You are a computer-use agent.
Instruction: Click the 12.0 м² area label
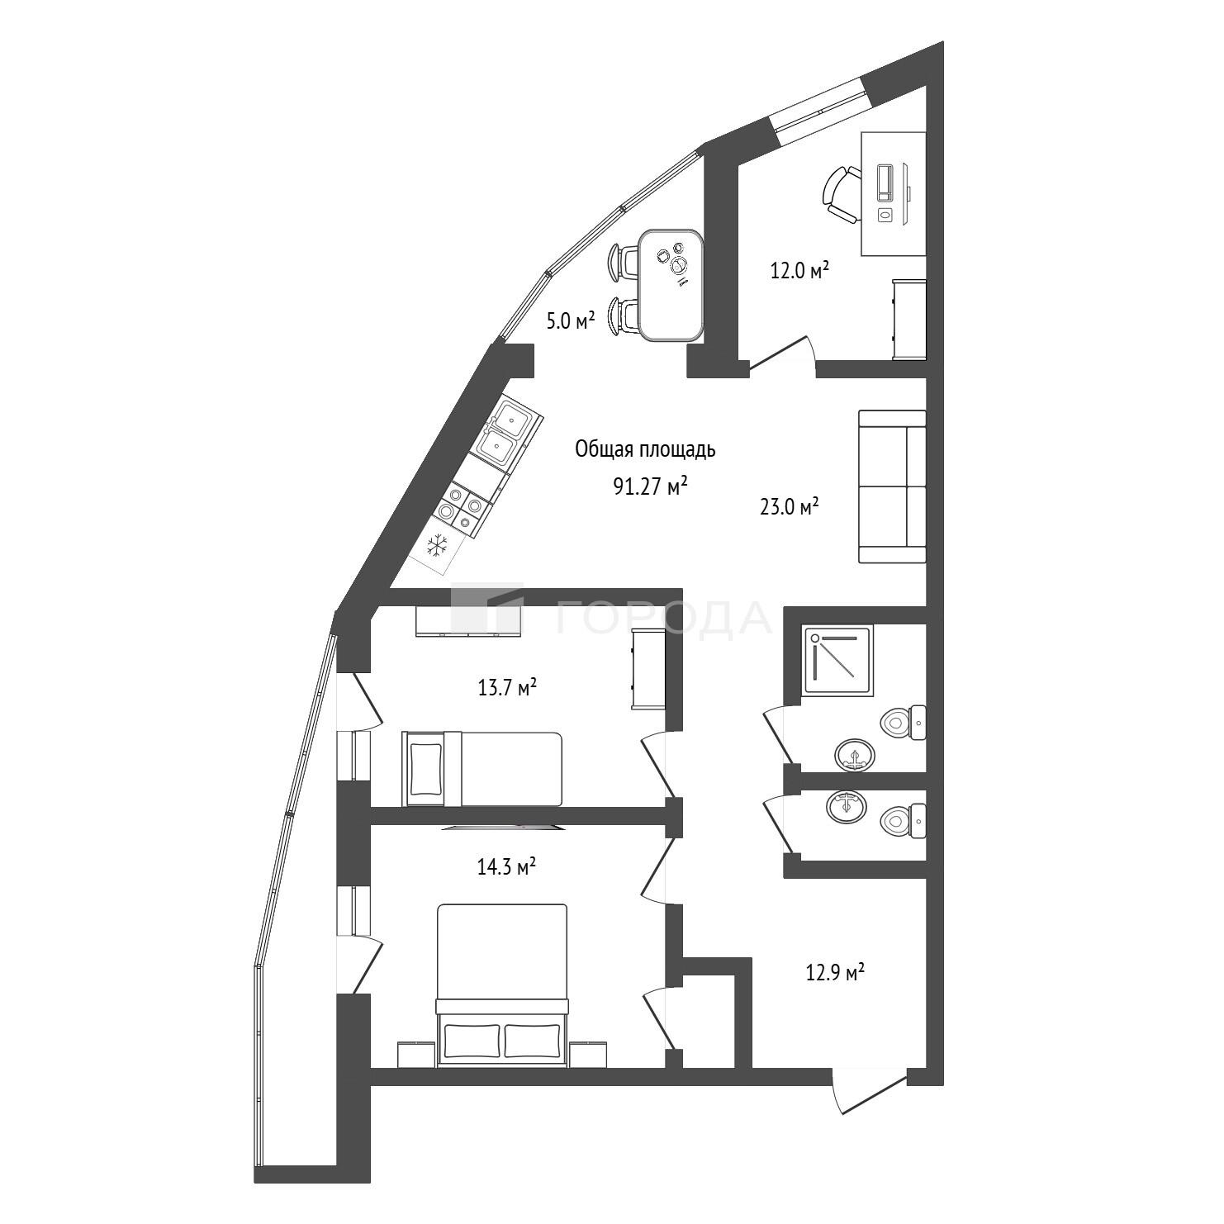799,270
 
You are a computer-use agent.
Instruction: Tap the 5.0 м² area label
571,320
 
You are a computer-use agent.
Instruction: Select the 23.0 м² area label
789,506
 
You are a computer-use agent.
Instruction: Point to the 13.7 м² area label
508,686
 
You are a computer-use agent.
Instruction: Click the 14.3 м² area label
507,867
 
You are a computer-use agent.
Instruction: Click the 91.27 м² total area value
651,486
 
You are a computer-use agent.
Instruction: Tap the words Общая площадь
646,450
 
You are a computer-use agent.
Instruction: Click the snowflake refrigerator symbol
439,545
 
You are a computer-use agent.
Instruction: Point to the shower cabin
837,660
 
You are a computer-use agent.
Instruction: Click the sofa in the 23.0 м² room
892,486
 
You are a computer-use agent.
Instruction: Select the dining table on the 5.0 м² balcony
671,285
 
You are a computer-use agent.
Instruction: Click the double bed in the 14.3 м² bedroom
502,984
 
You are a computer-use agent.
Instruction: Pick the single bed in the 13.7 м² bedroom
482,769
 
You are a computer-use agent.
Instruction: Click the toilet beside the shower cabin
904,723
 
